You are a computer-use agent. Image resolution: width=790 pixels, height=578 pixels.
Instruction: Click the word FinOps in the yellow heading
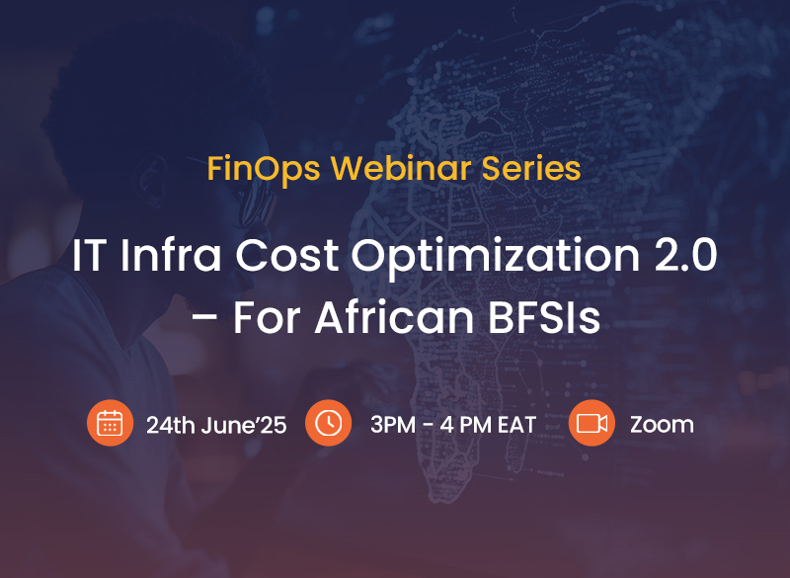(264, 169)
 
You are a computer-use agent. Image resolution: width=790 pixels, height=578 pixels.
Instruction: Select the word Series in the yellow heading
(531, 168)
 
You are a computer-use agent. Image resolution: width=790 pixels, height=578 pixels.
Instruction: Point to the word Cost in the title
(286, 255)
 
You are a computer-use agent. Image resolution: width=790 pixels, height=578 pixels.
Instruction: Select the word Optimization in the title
(496, 257)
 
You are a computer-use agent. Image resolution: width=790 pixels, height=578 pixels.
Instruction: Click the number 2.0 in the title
(685, 255)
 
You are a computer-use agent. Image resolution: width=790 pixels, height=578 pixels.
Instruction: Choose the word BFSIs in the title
(544, 317)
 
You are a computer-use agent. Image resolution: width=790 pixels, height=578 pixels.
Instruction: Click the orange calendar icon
(110, 423)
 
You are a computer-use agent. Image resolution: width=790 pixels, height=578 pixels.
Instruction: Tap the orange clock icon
(329, 423)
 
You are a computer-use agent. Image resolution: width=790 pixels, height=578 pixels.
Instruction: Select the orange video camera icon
(592, 423)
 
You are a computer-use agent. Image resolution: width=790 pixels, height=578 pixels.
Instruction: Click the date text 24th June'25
(216, 425)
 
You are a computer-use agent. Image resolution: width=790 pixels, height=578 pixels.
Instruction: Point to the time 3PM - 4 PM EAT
(453, 425)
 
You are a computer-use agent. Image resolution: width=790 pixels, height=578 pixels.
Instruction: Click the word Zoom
(662, 425)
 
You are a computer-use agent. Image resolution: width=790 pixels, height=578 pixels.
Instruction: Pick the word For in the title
(267, 317)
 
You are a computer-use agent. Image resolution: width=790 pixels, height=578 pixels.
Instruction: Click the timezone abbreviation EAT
(516, 425)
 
